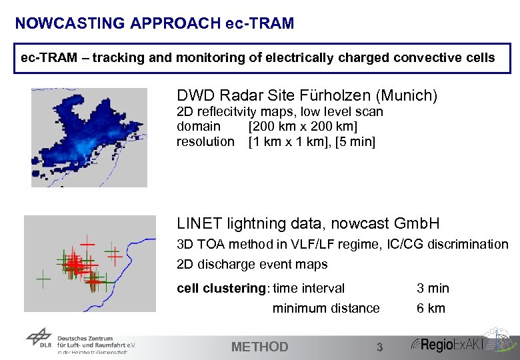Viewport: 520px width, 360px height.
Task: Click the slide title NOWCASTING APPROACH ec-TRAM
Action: (154, 23)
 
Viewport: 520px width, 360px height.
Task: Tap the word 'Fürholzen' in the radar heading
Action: (347, 96)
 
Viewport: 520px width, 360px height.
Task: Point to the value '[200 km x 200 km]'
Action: (303, 127)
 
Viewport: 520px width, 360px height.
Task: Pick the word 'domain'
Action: (198, 127)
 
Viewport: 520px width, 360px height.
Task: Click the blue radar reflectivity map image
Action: (89, 137)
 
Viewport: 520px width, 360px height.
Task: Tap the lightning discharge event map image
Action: (89, 263)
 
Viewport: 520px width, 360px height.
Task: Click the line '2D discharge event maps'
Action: (252, 265)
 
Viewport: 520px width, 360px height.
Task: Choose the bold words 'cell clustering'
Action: (221, 289)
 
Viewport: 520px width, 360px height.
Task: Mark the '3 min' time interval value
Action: (433, 289)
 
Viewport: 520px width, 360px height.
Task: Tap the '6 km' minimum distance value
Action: (431, 308)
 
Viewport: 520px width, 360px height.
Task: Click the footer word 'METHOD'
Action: (259, 347)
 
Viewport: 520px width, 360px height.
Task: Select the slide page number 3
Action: (379, 347)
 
